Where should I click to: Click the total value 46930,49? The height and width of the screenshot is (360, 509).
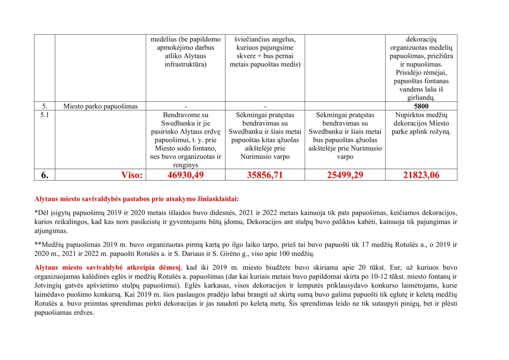coord(185,175)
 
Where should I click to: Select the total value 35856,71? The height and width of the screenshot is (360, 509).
coord(265,175)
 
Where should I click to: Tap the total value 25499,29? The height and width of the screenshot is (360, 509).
coord(345,175)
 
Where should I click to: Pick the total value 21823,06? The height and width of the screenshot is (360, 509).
coord(421,175)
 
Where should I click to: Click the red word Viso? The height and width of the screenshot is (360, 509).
coord(132,175)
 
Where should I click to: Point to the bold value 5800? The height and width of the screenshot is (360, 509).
coord(421,106)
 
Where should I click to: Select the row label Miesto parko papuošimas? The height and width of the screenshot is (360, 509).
coord(100,106)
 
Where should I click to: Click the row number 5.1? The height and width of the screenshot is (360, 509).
coord(44,115)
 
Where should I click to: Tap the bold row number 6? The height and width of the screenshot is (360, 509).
coord(45,175)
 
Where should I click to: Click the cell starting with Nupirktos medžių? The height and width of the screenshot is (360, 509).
coord(421,123)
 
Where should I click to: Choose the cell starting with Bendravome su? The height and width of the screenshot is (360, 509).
coord(185,140)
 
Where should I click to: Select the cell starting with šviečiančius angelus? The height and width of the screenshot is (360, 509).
coord(265,52)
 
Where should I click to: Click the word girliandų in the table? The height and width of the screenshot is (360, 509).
coord(421,98)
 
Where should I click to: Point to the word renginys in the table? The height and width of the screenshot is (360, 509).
coord(185,165)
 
